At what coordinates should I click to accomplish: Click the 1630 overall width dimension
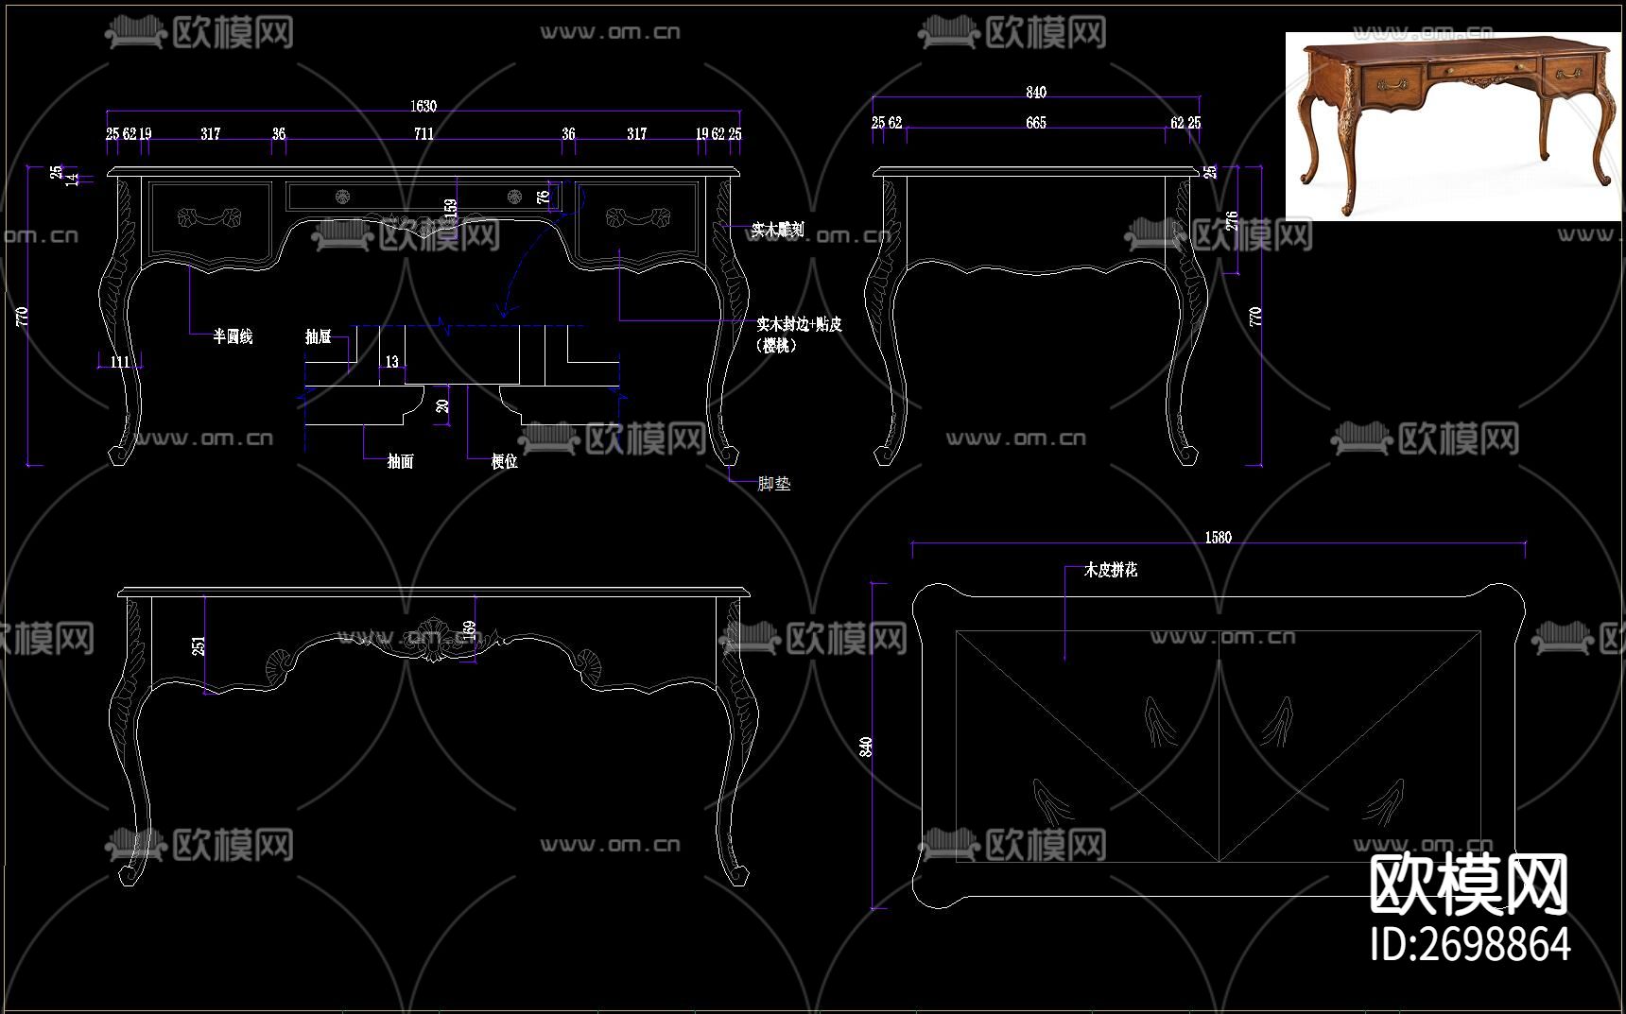click(x=424, y=107)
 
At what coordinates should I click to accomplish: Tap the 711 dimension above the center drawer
click(x=424, y=134)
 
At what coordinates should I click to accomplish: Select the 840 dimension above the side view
click(x=1036, y=93)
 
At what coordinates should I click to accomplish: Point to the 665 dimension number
click(x=1036, y=123)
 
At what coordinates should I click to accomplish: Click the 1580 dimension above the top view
click(x=1218, y=538)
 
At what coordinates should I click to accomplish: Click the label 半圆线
click(x=233, y=336)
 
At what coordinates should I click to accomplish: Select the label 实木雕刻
click(x=777, y=229)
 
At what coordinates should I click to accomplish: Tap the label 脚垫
click(x=774, y=484)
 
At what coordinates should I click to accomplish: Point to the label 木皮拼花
click(x=1111, y=570)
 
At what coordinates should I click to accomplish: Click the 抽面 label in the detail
click(x=401, y=461)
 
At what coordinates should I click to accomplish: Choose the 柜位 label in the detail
click(x=505, y=461)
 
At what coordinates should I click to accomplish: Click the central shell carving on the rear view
click(x=430, y=639)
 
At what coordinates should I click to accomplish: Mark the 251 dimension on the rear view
click(x=199, y=645)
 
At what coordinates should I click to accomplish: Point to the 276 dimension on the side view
click(x=1231, y=221)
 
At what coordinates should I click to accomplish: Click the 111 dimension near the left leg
click(x=119, y=362)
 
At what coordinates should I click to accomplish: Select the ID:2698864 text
click(x=1470, y=944)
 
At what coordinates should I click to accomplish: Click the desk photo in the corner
click(x=1453, y=125)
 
